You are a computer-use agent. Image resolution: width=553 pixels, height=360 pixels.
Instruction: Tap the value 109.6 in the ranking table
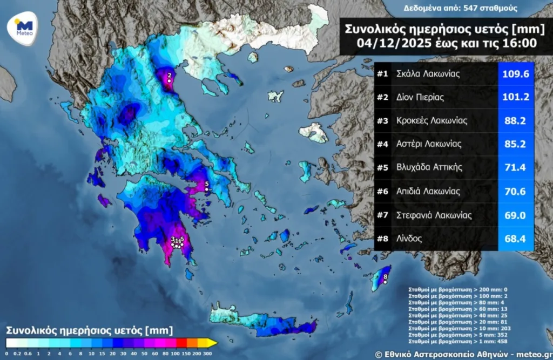(x=515, y=74)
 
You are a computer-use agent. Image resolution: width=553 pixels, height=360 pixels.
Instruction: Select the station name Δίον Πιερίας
(x=420, y=98)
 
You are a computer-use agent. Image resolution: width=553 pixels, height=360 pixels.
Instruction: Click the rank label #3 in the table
(x=383, y=121)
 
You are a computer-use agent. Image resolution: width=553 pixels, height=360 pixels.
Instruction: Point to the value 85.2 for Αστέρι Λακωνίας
(x=515, y=144)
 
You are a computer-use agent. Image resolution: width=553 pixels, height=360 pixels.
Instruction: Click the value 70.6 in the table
(x=515, y=191)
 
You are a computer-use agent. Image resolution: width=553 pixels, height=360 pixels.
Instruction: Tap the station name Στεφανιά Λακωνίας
(x=434, y=215)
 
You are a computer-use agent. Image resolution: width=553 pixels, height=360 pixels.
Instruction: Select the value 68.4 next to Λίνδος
(x=515, y=238)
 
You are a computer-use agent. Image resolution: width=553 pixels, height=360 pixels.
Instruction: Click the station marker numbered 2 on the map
(x=169, y=80)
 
